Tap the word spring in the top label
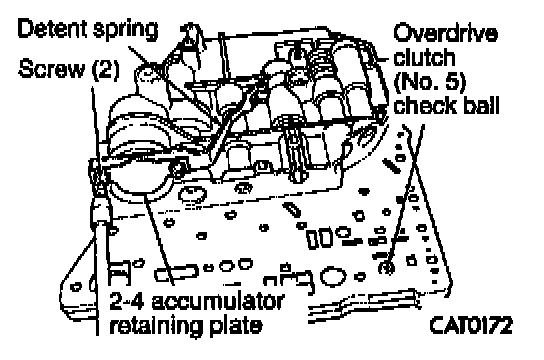tap(125, 31)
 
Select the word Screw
tap(51, 68)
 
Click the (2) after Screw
tap(105, 69)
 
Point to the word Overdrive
tap(445, 33)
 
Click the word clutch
tap(424, 57)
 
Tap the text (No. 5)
tap(430, 82)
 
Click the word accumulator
tap(218, 301)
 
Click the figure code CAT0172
tap(470, 325)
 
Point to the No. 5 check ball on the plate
tap(386, 267)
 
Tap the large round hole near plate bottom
tap(333, 277)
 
